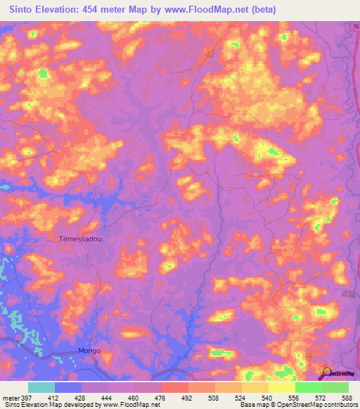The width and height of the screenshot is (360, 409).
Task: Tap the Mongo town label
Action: pyautogui.click(x=89, y=350)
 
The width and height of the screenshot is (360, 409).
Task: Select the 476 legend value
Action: pyautogui.click(x=161, y=397)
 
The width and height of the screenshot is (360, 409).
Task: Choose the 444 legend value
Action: pyautogui.click(x=108, y=397)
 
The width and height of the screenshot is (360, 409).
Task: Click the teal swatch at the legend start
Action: pyautogui.click(x=41, y=387)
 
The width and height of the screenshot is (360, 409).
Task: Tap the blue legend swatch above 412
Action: pyautogui.click(x=67, y=387)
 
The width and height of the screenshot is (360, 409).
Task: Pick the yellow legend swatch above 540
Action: pyautogui.click(x=281, y=387)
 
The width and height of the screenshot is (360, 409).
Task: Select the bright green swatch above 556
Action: pyautogui.click(x=308, y=387)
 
